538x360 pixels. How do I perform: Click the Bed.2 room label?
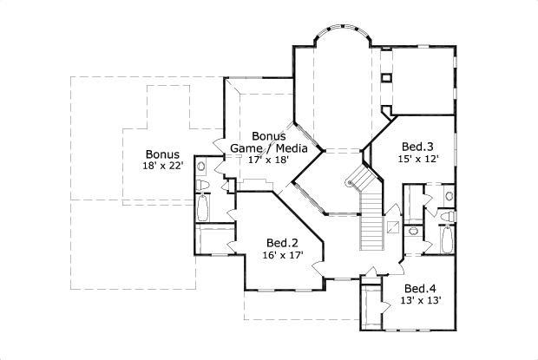pyautogui.click(x=283, y=242)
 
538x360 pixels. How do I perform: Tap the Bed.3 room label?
pyautogui.click(x=417, y=146)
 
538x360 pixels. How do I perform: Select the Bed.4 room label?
pyautogui.click(x=420, y=288)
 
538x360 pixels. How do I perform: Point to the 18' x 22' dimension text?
pyautogui.click(x=163, y=166)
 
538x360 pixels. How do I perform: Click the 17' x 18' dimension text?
pyautogui.click(x=266, y=160)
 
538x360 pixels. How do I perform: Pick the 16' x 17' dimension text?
pyautogui.click(x=283, y=255)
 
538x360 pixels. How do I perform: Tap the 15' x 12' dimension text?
pyautogui.click(x=417, y=159)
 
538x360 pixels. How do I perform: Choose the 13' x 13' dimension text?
pyautogui.click(x=420, y=300)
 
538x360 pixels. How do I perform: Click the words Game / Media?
pyautogui.click(x=270, y=148)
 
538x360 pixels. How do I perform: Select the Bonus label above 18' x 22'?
pyautogui.click(x=163, y=154)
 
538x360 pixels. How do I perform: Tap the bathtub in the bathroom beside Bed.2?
pyautogui.click(x=203, y=209)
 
